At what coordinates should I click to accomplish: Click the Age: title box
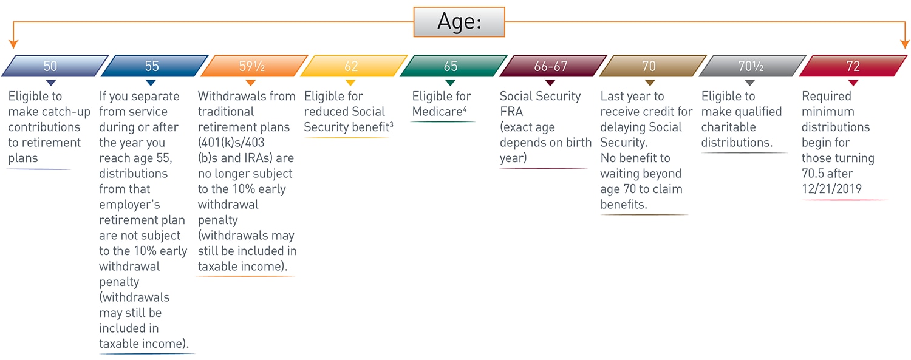coord(459,22)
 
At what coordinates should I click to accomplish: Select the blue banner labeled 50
coord(55,66)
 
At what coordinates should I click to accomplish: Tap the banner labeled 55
coord(154,66)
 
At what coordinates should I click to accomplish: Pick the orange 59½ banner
coord(254,66)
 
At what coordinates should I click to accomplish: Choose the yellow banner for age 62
coord(354,66)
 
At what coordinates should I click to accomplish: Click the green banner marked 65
coord(454,66)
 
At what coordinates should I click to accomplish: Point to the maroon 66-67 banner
coord(553,66)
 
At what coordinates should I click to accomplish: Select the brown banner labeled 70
coord(653,66)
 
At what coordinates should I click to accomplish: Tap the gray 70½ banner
coord(752,66)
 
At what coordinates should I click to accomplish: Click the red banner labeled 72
coord(853,66)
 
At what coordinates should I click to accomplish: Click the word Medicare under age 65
coord(437,112)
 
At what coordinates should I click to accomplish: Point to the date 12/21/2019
coord(831,189)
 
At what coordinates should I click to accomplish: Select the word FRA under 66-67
coord(511,112)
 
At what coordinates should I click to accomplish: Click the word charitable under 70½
coord(728,127)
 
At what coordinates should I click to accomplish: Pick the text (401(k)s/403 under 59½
coord(231,143)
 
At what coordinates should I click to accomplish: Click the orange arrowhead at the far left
coord(13,44)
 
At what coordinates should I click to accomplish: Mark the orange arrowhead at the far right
coord(905,44)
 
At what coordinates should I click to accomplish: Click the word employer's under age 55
coord(129,205)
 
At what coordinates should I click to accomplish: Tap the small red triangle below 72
coord(853,83)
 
